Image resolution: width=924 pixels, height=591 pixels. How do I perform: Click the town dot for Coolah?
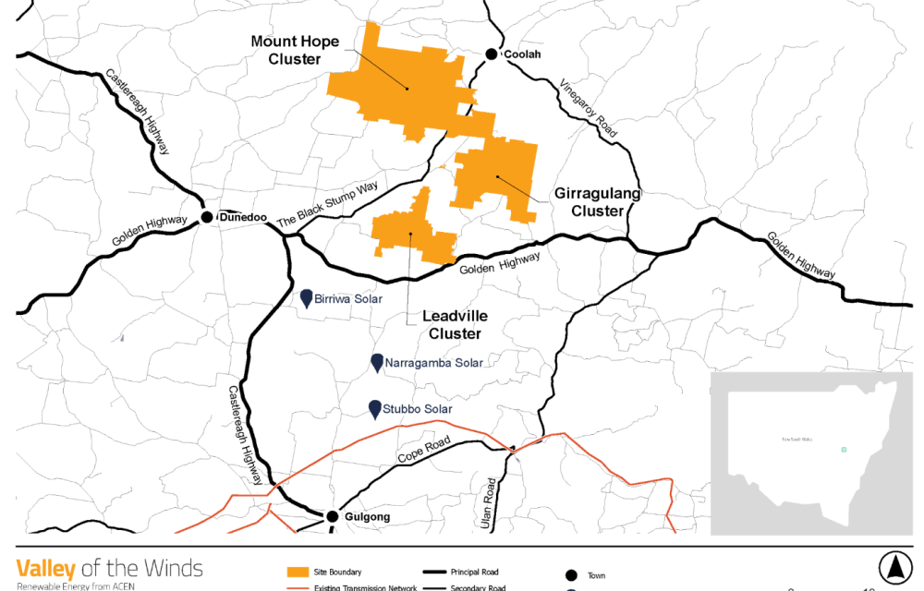point(492,54)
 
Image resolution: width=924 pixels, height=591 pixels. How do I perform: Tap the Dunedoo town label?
point(243,218)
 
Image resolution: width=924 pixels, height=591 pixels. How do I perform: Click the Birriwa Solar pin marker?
point(308,297)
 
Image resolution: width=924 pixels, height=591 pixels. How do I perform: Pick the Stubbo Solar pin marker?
point(375,408)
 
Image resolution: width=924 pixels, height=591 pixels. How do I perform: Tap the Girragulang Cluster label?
point(597,202)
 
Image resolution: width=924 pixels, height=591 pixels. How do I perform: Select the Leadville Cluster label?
point(455,324)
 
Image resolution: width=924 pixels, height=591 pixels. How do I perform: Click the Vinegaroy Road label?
point(588,108)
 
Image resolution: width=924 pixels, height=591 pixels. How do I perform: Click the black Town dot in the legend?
point(570,574)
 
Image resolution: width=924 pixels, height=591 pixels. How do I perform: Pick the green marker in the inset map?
point(843,450)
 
